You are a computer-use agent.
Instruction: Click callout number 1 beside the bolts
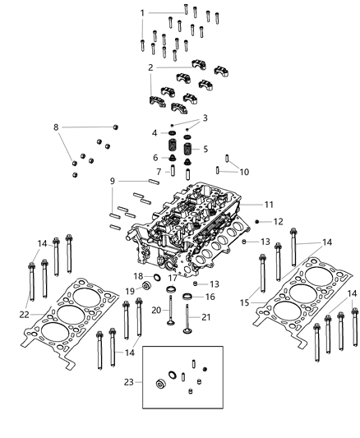(142, 13)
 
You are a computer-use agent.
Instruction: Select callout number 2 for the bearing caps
(150, 67)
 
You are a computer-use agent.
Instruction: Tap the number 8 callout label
(56, 127)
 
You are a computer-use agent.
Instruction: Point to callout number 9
(113, 181)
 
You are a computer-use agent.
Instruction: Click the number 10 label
(243, 172)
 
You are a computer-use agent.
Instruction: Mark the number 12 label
(279, 222)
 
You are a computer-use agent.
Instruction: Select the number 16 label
(210, 296)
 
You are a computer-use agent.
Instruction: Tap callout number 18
(138, 276)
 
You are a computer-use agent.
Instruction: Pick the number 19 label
(130, 292)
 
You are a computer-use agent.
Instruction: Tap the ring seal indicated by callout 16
(187, 296)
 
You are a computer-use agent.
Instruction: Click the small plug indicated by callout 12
(259, 222)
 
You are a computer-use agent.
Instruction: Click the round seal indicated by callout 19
(146, 287)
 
